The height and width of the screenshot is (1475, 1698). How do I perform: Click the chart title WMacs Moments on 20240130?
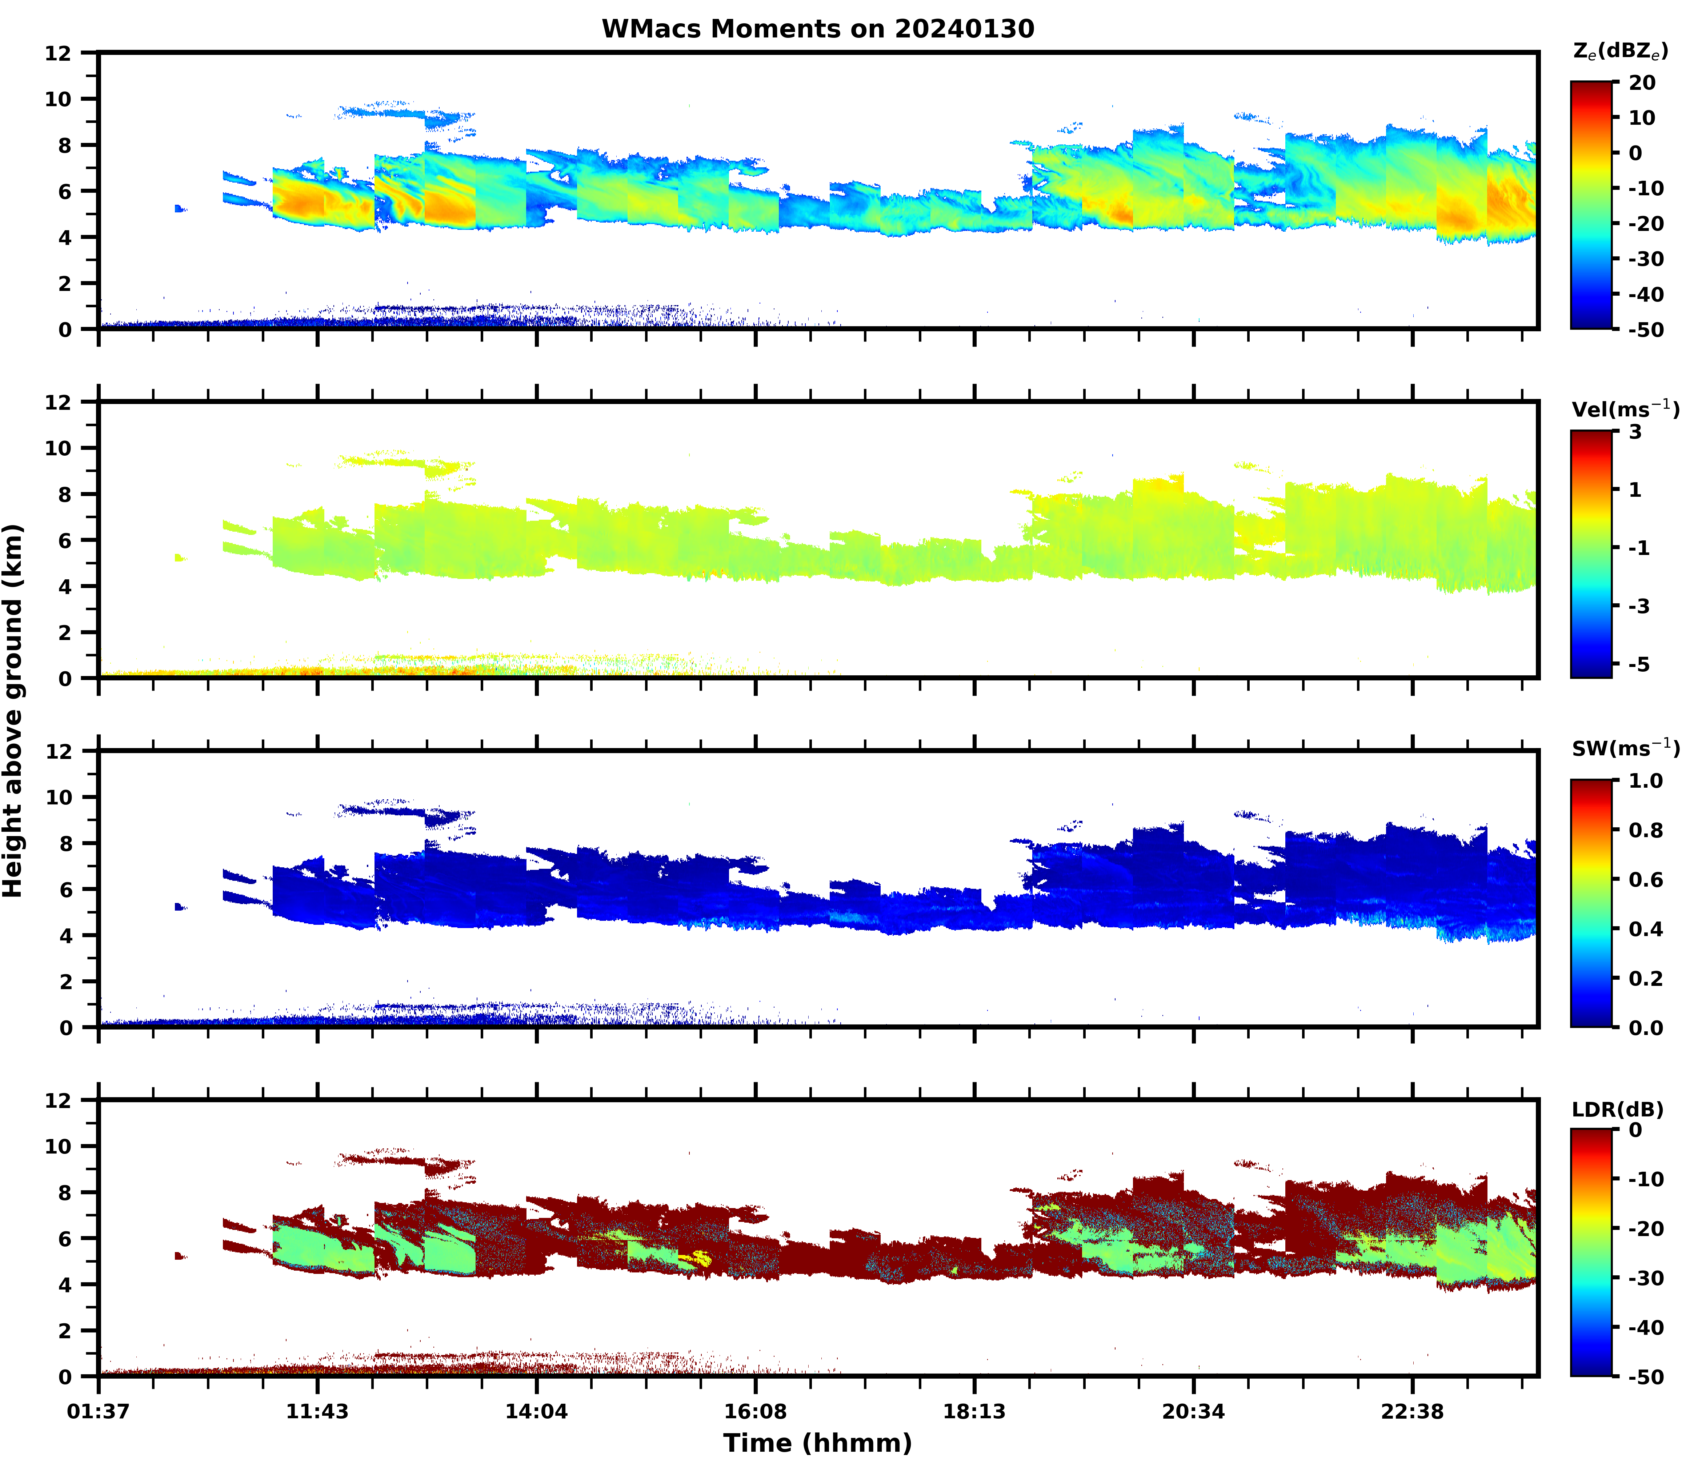coord(817,29)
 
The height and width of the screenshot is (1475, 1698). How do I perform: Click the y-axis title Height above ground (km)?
coord(13,710)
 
